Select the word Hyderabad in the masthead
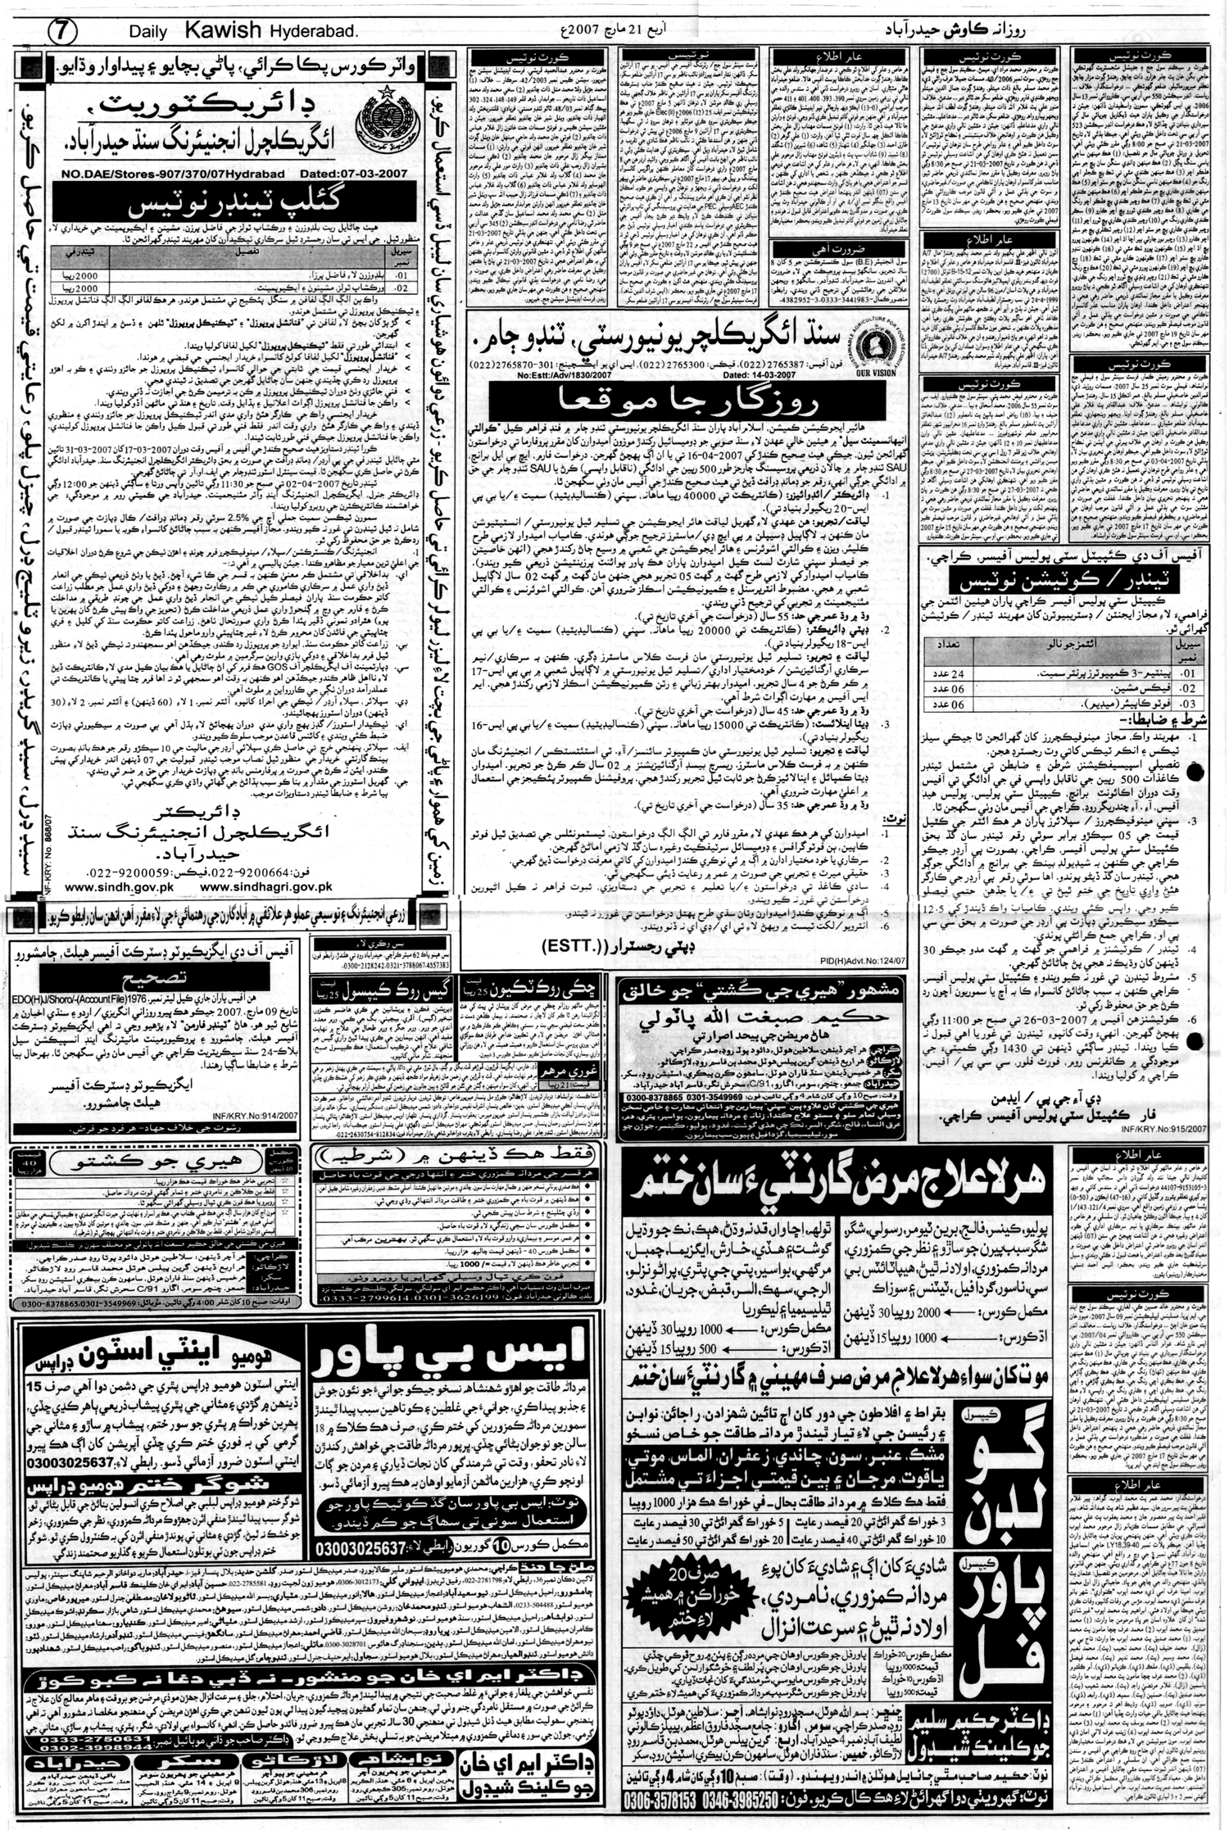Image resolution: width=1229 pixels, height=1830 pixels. (x=313, y=31)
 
